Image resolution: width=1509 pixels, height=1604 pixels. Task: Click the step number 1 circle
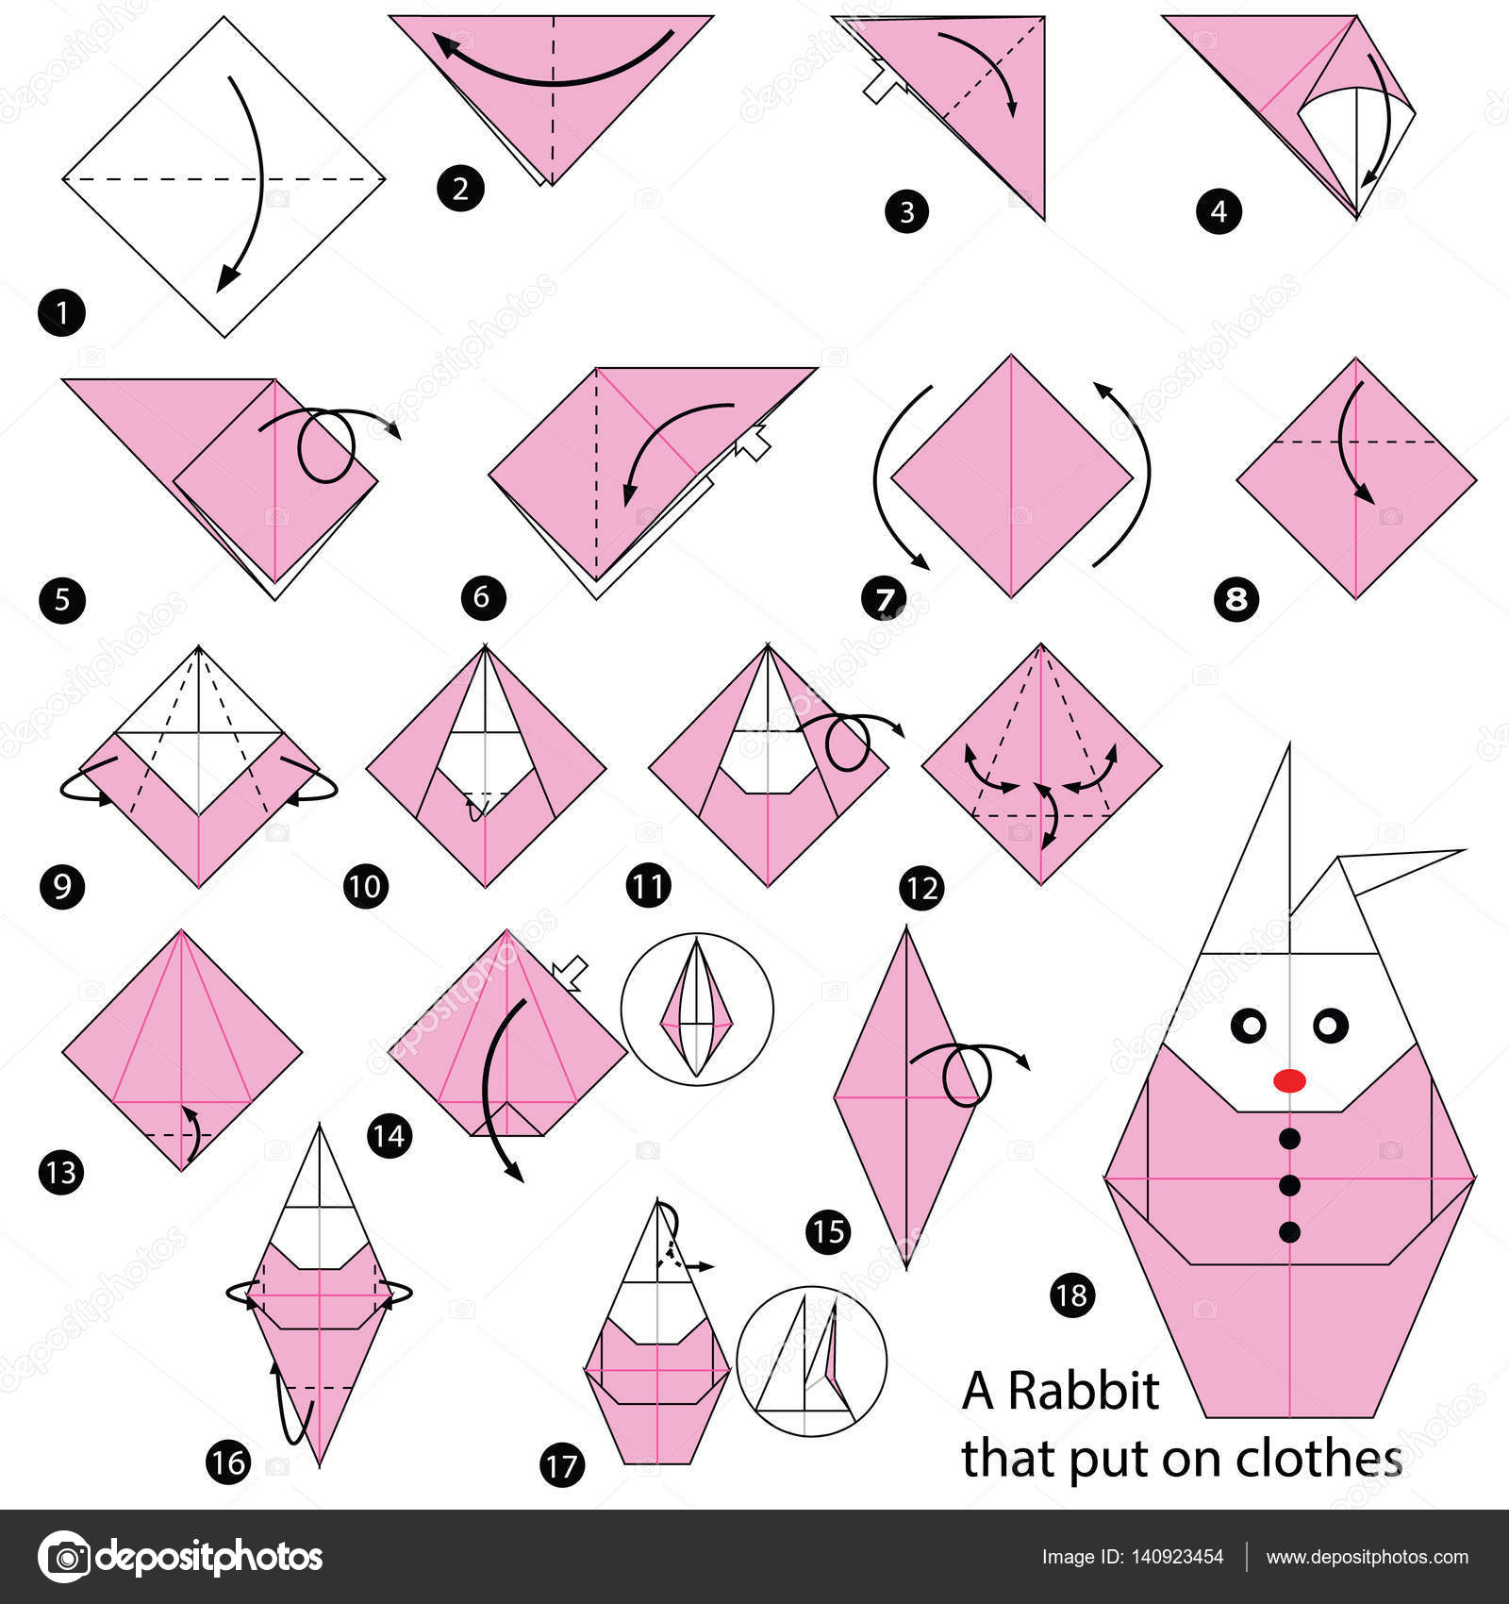[x=61, y=312]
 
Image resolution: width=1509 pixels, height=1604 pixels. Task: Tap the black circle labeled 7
[x=884, y=599]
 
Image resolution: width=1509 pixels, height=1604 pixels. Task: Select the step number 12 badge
[x=921, y=888]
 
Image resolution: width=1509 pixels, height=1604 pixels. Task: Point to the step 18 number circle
[x=1072, y=1295]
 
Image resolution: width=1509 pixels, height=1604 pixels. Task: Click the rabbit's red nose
[x=1289, y=1079]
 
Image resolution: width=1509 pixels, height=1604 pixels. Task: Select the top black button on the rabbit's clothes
[x=1290, y=1140]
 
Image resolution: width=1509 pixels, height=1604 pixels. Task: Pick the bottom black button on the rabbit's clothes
[x=1290, y=1231]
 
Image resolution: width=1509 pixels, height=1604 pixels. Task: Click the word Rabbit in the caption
[x=1083, y=1391]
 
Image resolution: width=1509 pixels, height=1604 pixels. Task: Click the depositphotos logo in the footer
[x=179, y=1557]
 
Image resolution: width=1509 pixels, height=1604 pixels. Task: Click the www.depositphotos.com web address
[x=1367, y=1557]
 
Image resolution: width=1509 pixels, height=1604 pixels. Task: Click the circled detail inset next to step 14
[x=697, y=1009]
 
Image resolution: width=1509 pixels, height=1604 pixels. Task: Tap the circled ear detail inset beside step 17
[x=811, y=1361]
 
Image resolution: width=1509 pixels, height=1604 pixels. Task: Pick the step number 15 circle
[x=828, y=1232]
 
